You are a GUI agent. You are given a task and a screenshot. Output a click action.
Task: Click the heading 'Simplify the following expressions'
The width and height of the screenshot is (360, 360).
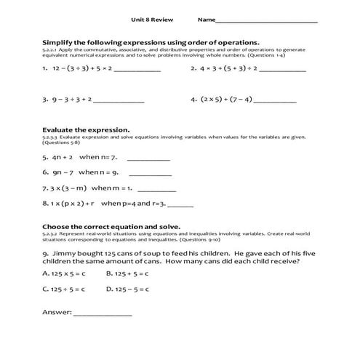point(151,42)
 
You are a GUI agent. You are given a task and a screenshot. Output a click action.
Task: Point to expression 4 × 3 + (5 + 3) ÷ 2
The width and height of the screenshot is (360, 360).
point(228,69)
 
